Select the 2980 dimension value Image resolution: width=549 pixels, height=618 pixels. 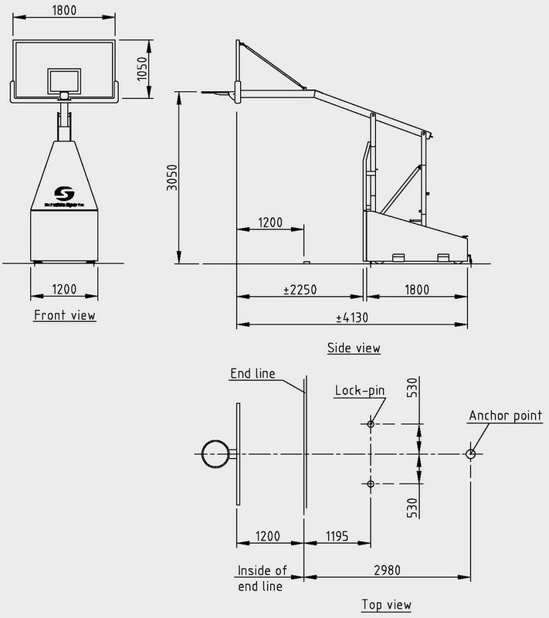point(387,569)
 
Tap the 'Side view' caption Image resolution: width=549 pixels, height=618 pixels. point(354,348)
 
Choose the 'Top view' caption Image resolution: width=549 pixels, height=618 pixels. point(387,604)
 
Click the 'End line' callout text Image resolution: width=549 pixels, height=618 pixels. point(254,374)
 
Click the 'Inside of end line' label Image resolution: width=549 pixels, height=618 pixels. point(260,579)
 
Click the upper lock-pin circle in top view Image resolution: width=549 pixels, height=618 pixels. point(371,424)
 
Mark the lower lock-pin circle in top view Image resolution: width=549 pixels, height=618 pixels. point(371,484)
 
